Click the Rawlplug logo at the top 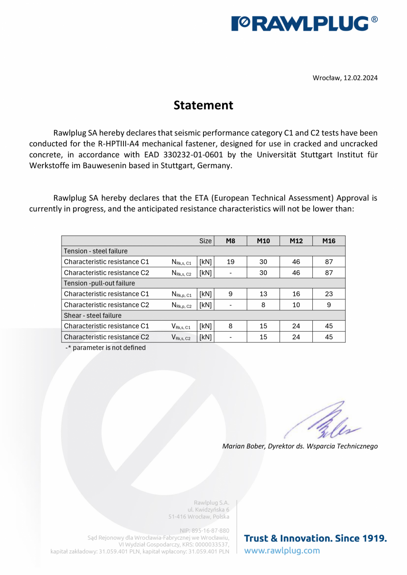click(x=305, y=23)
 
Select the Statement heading click(x=203, y=105)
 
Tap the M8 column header click(x=230, y=241)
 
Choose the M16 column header click(x=329, y=241)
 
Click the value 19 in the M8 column click(x=230, y=262)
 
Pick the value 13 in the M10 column click(x=263, y=294)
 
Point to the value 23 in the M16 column click(x=329, y=294)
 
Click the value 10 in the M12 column click(x=296, y=305)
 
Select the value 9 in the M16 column click(x=329, y=305)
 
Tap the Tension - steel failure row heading click(x=96, y=251)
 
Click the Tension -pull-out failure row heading click(x=100, y=283)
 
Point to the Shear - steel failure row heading click(x=92, y=315)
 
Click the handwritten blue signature click(x=325, y=420)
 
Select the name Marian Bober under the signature click(x=244, y=446)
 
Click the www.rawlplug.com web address click(x=282, y=551)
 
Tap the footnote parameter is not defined click(x=106, y=348)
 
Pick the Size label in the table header click(x=205, y=241)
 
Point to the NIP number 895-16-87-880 click(x=204, y=530)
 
